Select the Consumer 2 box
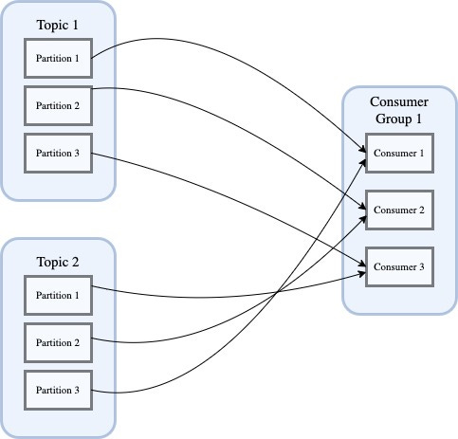click(399, 210)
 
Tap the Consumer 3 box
click(399, 266)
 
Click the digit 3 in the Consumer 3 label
click(423, 266)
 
